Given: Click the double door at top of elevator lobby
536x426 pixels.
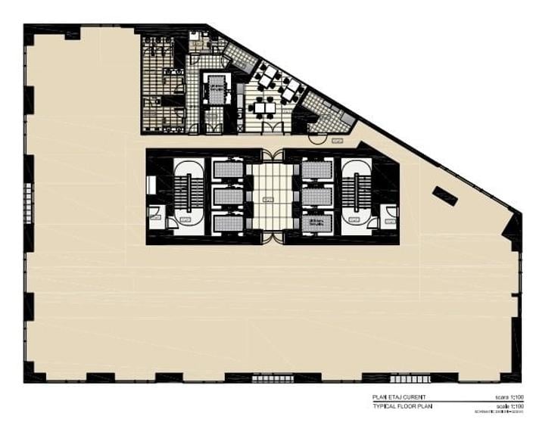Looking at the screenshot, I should pyautogui.click(x=271, y=155).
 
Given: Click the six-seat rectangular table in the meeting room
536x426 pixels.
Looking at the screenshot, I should pyautogui.click(x=264, y=107).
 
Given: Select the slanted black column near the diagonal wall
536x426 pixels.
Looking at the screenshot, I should pyautogui.click(x=444, y=195).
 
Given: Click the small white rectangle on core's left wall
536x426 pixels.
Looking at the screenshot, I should pyautogui.click(x=151, y=185).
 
